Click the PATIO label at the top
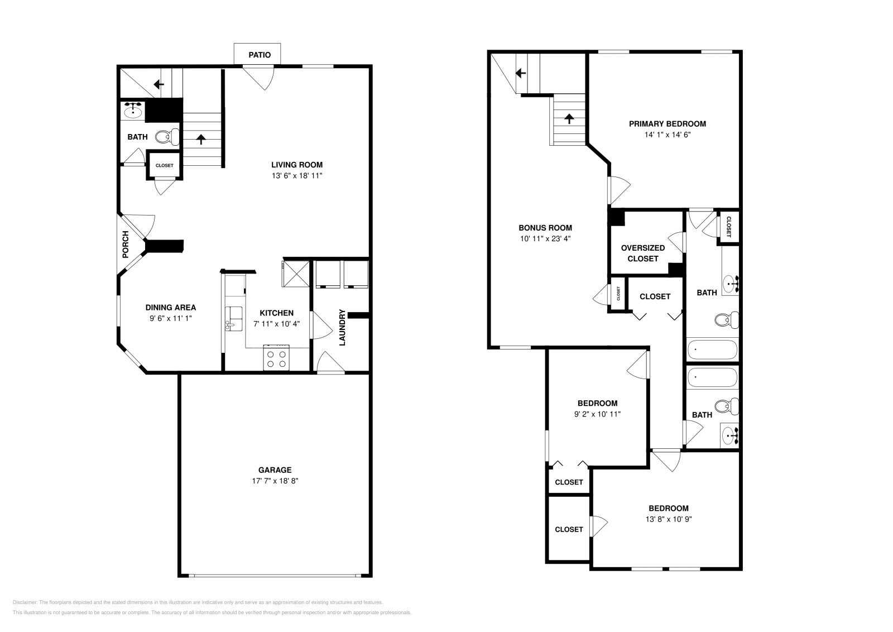(260, 55)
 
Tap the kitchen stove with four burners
(276, 358)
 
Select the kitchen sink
(234, 319)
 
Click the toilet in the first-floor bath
(167, 136)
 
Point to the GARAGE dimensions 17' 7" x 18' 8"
(275, 481)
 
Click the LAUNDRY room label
(342, 327)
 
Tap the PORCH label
(126, 244)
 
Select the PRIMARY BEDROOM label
(667, 124)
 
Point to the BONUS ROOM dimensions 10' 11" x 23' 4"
(545, 238)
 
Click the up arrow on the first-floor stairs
(201, 139)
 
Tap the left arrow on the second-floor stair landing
(521, 73)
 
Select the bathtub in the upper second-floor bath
(712, 349)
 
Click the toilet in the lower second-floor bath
(726, 406)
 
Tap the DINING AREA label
(171, 308)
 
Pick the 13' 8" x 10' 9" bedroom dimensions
(668, 519)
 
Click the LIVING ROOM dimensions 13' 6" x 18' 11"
(297, 176)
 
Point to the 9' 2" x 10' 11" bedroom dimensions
(597, 414)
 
